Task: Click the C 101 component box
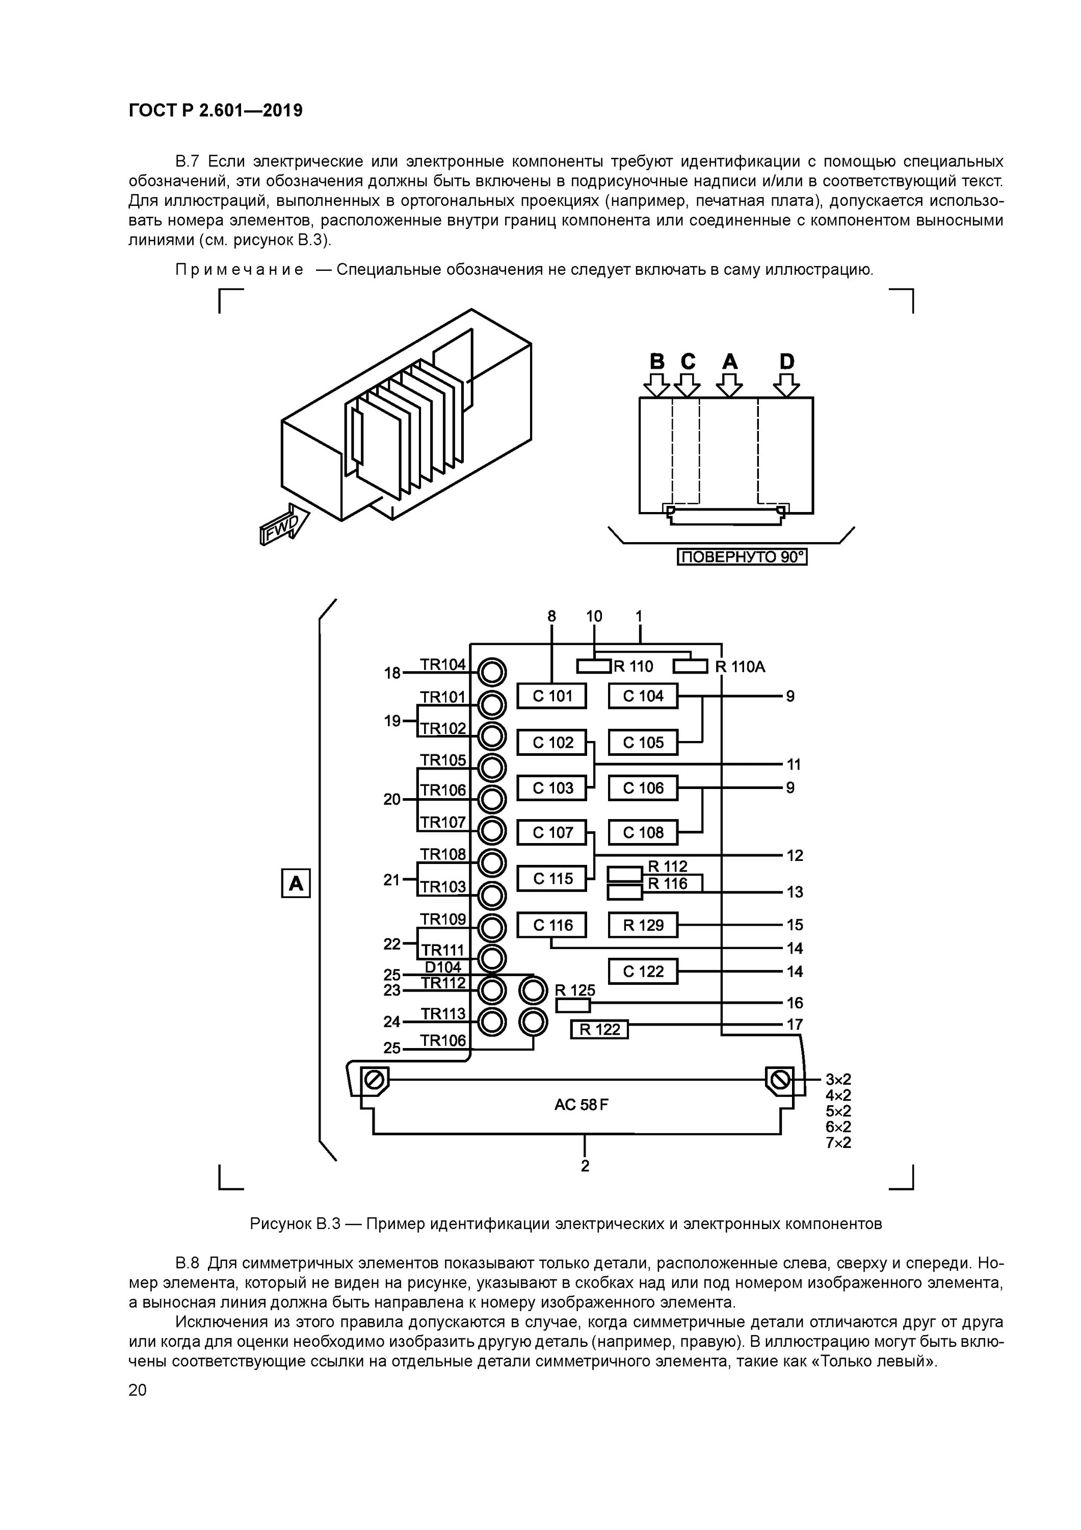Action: tap(552, 696)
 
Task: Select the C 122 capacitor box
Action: tap(643, 972)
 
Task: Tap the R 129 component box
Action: tap(643, 925)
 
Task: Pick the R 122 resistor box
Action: tap(599, 1030)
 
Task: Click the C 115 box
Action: tap(552, 879)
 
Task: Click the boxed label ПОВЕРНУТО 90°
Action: tap(742, 556)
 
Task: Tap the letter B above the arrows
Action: tap(657, 362)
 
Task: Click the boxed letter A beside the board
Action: tap(296, 884)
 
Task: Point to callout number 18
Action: tap(392, 674)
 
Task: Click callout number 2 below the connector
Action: tap(585, 1166)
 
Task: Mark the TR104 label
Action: tap(443, 665)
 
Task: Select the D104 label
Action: tap(443, 967)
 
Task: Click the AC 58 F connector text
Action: tap(581, 1105)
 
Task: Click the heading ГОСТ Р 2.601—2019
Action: tap(215, 111)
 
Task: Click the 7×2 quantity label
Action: tap(838, 1143)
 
